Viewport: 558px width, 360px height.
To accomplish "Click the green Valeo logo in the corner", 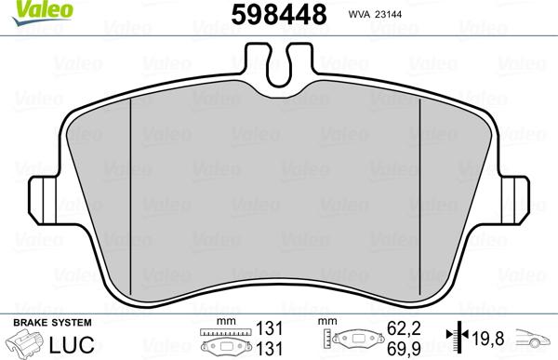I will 27,9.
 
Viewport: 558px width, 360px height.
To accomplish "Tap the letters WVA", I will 359,15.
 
